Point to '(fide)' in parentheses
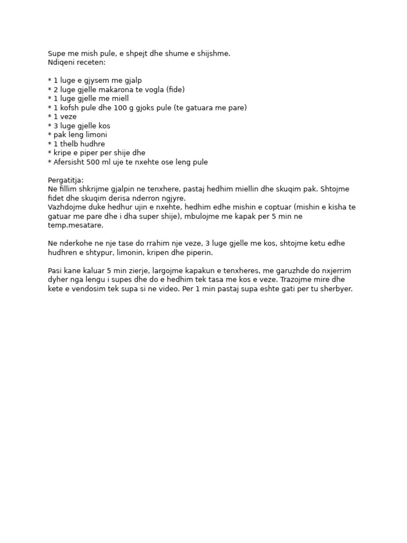tap(175, 90)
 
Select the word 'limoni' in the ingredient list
tap(96, 135)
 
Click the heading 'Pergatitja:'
tap(66, 180)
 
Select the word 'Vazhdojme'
tap(66, 207)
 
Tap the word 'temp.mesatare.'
tap(75, 225)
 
